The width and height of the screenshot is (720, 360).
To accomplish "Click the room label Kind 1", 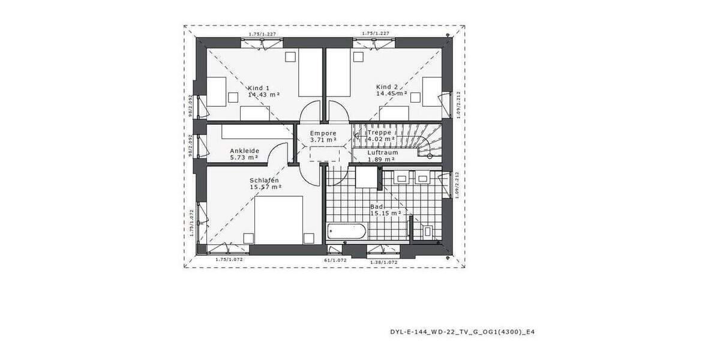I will pyautogui.click(x=258, y=88).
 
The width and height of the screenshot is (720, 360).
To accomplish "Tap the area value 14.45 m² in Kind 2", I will pyautogui.click(x=391, y=94).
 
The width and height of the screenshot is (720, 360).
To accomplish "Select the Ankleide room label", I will pyautogui.click(x=244, y=151).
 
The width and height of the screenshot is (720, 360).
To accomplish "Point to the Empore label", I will pyautogui.click(x=323, y=133).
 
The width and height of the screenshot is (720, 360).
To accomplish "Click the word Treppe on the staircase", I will pyautogui.click(x=379, y=132).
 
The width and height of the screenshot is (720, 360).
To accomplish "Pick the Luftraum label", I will pyautogui.click(x=383, y=152).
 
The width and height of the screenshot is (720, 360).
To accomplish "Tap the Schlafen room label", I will pyautogui.click(x=265, y=180).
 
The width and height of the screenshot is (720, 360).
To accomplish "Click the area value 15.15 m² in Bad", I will pyautogui.click(x=385, y=213).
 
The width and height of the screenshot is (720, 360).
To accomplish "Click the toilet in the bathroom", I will pyautogui.click(x=427, y=230).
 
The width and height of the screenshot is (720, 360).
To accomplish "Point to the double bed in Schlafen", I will pyautogui.click(x=279, y=220).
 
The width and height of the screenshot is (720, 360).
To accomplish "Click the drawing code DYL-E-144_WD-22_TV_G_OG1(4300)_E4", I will pyautogui.click(x=462, y=331).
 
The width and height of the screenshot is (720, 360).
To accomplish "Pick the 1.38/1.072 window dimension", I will pyautogui.click(x=383, y=262).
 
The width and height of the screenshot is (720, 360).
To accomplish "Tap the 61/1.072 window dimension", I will pyautogui.click(x=335, y=260).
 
